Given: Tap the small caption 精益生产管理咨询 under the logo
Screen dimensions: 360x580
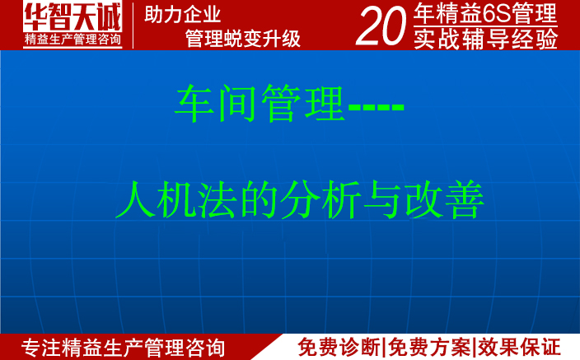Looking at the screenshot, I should [x=73, y=40].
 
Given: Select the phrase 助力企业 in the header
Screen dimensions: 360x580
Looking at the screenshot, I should [x=182, y=14].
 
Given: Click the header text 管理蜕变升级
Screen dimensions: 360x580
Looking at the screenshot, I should [x=242, y=39].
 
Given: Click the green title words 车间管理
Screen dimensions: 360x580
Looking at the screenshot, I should [x=260, y=105].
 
